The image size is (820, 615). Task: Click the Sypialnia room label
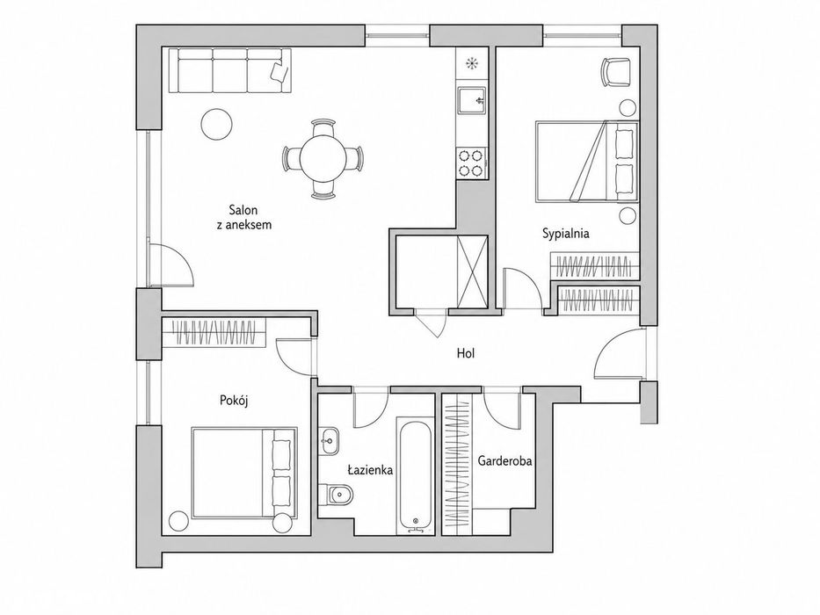[565, 233]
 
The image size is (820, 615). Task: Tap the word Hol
[466, 353]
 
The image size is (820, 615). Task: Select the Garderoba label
[504, 460]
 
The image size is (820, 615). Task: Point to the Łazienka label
[370, 470]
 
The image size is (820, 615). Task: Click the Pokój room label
[233, 401]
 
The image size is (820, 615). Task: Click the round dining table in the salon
[323, 158]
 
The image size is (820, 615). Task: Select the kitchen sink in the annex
[472, 99]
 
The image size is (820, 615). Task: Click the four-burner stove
[470, 163]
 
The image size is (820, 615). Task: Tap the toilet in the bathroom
[337, 494]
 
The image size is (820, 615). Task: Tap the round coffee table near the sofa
[216, 123]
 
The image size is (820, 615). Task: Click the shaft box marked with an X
[472, 272]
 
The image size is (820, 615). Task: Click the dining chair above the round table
[323, 127]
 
